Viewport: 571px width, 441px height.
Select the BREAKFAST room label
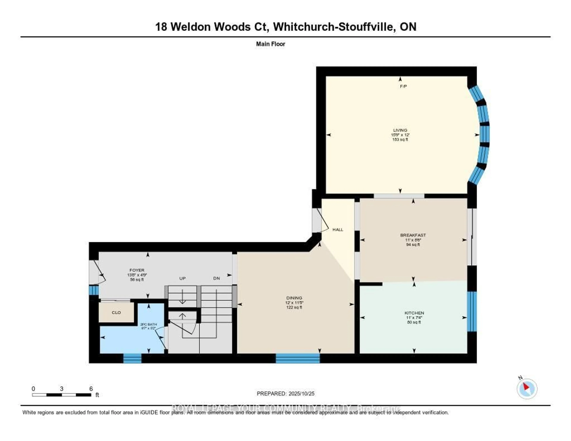pos(413,235)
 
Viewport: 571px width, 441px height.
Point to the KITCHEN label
pos(414,313)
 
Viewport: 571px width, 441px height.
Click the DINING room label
pos(294,298)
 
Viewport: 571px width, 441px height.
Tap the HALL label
pos(338,230)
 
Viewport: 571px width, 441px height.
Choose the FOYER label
pos(137,270)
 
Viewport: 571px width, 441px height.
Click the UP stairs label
pos(182,278)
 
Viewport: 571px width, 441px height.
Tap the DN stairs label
pos(217,278)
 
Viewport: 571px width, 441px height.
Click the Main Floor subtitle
pos(270,44)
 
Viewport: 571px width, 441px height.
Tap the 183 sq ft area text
pos(400,140)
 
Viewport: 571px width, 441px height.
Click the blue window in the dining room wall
pos(298,358)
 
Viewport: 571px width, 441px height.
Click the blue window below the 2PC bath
pos(132,358)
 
